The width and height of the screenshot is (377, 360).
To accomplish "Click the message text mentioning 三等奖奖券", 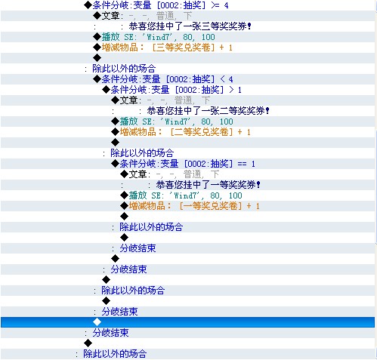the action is [x=190, y=26].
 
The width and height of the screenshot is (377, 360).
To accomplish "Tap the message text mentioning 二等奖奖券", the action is [x=209, y=111].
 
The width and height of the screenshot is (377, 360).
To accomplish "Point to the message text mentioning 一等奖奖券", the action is [x=208, y=185].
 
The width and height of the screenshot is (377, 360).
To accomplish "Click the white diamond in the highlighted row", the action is [x=97, y=322].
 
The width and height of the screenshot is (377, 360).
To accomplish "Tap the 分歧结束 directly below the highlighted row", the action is [x=110, y=333].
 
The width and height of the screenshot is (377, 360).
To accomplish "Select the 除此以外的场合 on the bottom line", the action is [x=115, y=354].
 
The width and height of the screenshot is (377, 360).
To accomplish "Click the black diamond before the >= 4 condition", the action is [x=88, y=5].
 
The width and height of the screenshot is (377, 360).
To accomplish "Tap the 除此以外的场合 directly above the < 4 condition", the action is [x=124, y=69].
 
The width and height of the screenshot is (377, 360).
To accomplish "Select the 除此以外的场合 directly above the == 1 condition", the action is [x=142, y=153].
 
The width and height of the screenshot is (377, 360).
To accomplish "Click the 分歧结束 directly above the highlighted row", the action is [x=119, y=312].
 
